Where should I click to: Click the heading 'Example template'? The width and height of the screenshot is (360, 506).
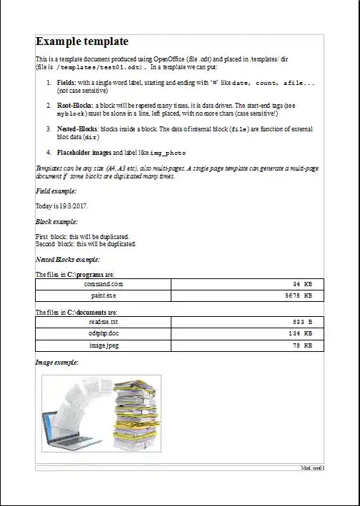pyautogui.click(x=82, y=42)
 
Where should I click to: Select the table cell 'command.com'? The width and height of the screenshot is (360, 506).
pyautogui.click(x=103, y=284)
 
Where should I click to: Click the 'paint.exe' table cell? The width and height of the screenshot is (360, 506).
pyautogui.click(x=103, y=295)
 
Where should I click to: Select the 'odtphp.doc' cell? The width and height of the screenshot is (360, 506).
pyautogui.click(x=103, y=333)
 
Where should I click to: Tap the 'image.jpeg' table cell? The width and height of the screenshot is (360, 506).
pyautogui.click(x=103, y=345)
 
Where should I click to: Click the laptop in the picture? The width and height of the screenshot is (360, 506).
pyautogui.click(x=61, y=427)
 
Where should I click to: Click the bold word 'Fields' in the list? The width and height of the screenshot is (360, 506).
pyautogui.click(x=66, y=84)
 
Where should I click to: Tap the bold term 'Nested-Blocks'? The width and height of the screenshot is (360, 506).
pyautogui.click(x=78, y=128)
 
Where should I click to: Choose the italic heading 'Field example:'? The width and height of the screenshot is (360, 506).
pyautogui.click(x=56, y=191)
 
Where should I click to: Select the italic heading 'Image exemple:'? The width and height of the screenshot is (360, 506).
pyautogui.click(x=56, y=363)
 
